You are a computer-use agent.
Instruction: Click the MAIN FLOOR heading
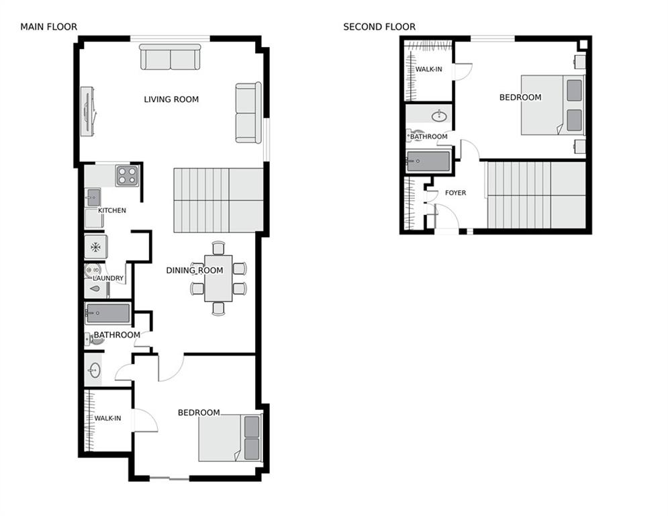point(48,27)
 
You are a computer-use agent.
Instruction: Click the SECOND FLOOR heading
point(379,27)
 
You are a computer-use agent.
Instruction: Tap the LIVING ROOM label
point(171,99)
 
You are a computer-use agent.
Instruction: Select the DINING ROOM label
point(195,270)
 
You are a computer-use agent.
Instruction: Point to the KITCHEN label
point(112,210)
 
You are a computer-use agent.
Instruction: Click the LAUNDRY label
point(108,278)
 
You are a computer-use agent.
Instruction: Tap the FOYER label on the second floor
point(455,193)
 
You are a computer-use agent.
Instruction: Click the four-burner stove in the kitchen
point(128,176)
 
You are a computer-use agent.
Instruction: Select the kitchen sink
point(93,198)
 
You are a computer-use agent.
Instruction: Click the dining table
point(218,278)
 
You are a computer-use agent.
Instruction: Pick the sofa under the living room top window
point(170,56)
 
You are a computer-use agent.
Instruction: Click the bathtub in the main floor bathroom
point(108,314)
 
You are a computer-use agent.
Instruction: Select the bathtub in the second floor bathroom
point(428,161)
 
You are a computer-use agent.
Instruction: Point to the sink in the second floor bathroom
point(439,116)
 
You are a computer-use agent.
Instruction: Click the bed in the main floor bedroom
point(230,438)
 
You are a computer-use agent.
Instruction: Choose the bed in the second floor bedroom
point(553,105)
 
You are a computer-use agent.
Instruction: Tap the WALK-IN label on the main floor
point(108,419)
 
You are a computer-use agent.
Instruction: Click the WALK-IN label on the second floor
point(428,69)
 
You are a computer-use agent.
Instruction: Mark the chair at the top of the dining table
point(218,248)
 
